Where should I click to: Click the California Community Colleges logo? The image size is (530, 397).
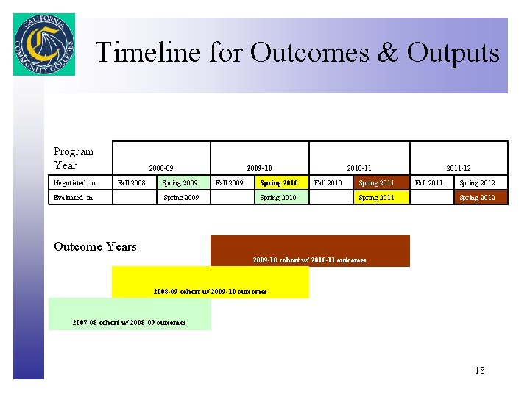44,44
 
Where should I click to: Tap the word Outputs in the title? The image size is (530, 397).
453,53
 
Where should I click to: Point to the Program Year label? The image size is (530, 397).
74,158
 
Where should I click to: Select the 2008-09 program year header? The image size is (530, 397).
161,168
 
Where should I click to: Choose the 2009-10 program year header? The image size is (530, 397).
259,168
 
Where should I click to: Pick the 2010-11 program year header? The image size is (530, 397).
359,168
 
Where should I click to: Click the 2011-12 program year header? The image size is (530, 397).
459,168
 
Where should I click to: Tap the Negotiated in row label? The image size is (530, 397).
74,182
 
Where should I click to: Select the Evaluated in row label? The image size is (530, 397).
73,197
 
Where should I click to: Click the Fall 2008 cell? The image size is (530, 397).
132,182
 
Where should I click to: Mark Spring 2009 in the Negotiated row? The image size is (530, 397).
180,182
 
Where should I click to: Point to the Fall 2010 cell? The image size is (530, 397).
328,182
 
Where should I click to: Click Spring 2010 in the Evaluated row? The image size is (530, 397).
278,197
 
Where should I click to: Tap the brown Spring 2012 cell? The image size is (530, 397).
477,197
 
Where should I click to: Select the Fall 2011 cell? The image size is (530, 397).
429,182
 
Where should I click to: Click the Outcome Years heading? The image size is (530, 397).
95,246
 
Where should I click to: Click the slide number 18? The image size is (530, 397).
480,371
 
